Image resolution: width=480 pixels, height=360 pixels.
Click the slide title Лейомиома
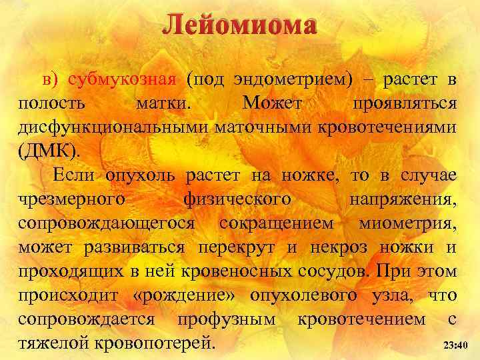point(239,25)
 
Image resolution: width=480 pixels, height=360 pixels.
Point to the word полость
point(51,104)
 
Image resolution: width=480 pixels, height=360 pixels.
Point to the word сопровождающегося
point(107,224)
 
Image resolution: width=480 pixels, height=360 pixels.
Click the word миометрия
point(407,224)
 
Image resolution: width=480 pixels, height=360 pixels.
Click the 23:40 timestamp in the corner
point(456,345)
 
